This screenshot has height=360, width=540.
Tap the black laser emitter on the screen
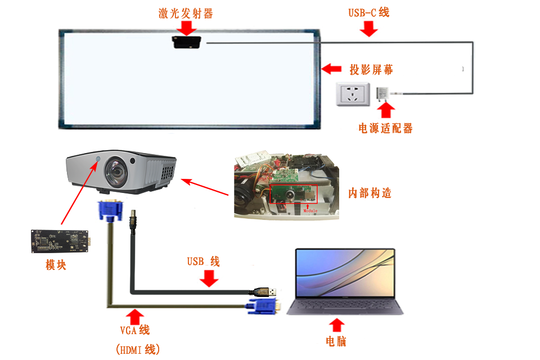[186, 42]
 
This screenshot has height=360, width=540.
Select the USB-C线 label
[368, 12]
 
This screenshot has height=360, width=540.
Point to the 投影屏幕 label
[371, 69]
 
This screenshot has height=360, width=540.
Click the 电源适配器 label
[385, 128]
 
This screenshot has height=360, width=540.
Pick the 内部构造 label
[370, 193]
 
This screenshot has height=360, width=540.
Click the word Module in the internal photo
[310, 211]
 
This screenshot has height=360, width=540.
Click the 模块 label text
[56, 264]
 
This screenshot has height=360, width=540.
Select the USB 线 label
[203, 262]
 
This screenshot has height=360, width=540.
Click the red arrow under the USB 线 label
[209, 278]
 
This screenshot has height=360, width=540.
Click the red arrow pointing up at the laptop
[337, 325]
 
